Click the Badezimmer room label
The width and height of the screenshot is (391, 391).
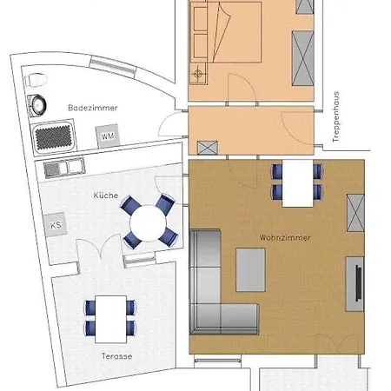coord(93,108)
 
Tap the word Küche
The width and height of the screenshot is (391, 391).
coord(106,195)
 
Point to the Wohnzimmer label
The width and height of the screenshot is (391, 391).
coord(285,238)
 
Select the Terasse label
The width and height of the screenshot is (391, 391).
coord(117,356)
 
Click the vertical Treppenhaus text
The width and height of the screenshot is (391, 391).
coord(336,116)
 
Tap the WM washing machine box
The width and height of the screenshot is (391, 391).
coord(108,136)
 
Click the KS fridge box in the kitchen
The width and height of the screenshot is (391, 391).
coord(56,225)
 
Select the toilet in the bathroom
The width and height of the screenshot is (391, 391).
coord(36,80)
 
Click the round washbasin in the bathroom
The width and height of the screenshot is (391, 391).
coord(38,104)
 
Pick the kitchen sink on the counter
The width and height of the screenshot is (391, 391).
coord(64,168)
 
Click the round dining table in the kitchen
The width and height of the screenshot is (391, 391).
coord(148,223)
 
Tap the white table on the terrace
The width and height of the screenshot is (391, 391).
coord(110,319)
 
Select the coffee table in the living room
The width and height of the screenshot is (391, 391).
coord(251,269)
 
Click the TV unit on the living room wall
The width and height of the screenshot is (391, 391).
coord(355,284)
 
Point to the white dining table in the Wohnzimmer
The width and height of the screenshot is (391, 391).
coord(298,183)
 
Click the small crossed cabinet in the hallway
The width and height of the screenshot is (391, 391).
coord(208,148)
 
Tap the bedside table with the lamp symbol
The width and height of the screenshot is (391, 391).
coord(198,74)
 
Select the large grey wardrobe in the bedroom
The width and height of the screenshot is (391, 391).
coord(303,58)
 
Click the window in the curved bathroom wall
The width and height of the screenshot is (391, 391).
coord(113,67)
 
